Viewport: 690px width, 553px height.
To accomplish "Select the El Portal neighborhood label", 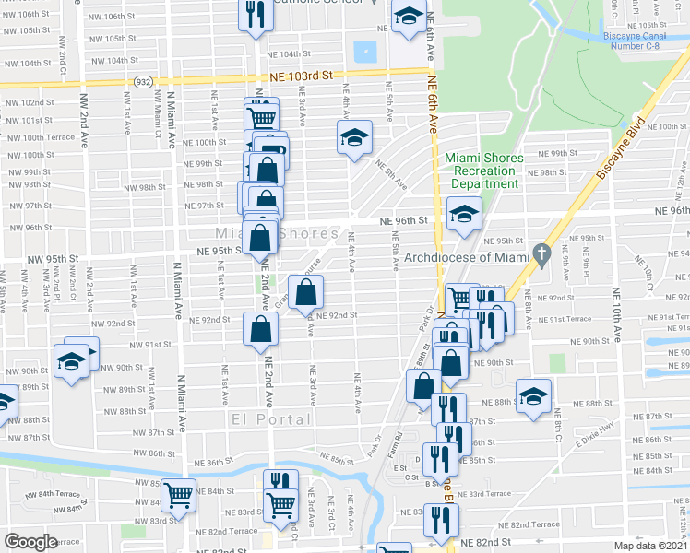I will (x=262, y=420).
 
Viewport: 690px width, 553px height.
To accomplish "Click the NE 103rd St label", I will (x=301, y=80).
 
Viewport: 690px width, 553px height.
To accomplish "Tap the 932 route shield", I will (x=144, y=82).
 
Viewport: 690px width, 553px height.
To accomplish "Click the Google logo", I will (x=30, y=542).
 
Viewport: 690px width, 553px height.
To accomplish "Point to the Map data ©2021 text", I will (x=649, y=546).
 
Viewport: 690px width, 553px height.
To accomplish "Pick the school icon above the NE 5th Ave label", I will (x=353, y=137).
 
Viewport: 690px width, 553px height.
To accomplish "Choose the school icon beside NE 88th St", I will (x=533, y=395).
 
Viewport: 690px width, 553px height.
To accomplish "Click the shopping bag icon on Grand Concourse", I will (x=307, y=292).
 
